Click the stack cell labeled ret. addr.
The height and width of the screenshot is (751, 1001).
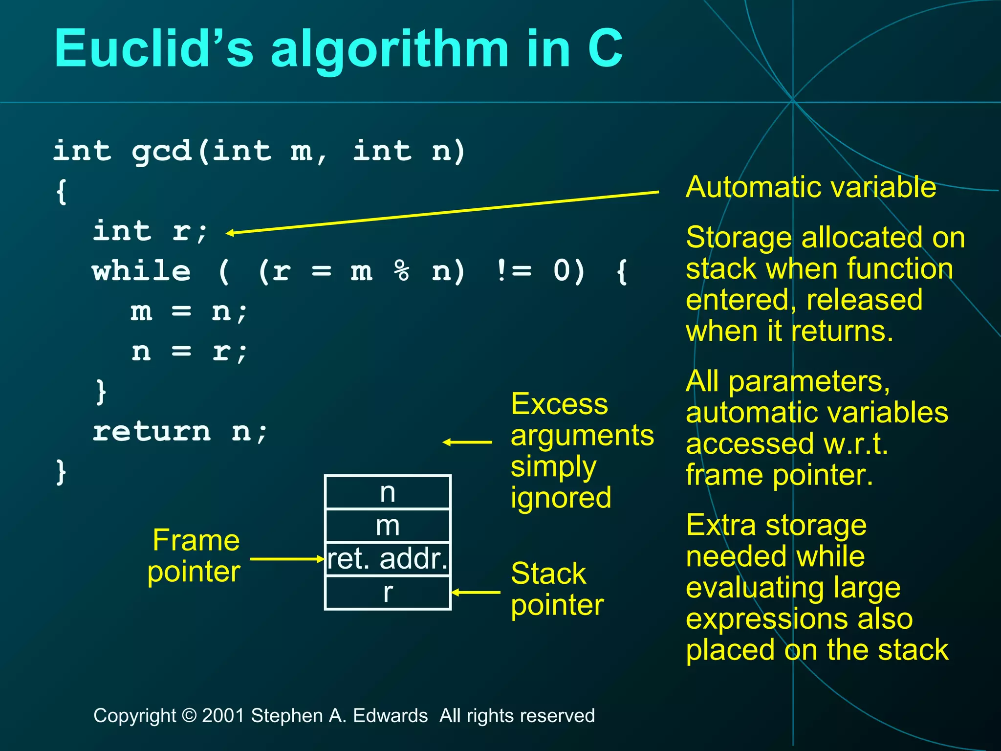(x=388, y=559)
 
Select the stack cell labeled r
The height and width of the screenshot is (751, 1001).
(x=388, y=593)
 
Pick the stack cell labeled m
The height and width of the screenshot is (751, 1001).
(x=388, y=526)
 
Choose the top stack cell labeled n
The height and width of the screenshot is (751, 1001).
(x=388, y=492)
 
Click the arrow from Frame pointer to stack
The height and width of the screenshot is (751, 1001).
(x=286, y=559)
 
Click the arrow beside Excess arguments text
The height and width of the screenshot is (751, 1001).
(x=467, y=442)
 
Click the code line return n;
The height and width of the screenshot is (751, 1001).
(x=180, y=432)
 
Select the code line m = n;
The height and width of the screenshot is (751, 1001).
(x=189, y=311)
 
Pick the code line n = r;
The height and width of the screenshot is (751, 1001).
(x=189, y=352)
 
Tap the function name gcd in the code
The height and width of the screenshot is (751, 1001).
(x=161, y=151)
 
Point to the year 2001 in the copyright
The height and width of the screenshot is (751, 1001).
(x=223, y=716)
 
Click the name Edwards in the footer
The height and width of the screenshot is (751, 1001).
(x=390, y=716)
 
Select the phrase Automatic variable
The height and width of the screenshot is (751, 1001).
(x=811, y=187)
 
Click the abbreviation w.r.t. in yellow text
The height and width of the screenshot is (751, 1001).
(x=855, y=444)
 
